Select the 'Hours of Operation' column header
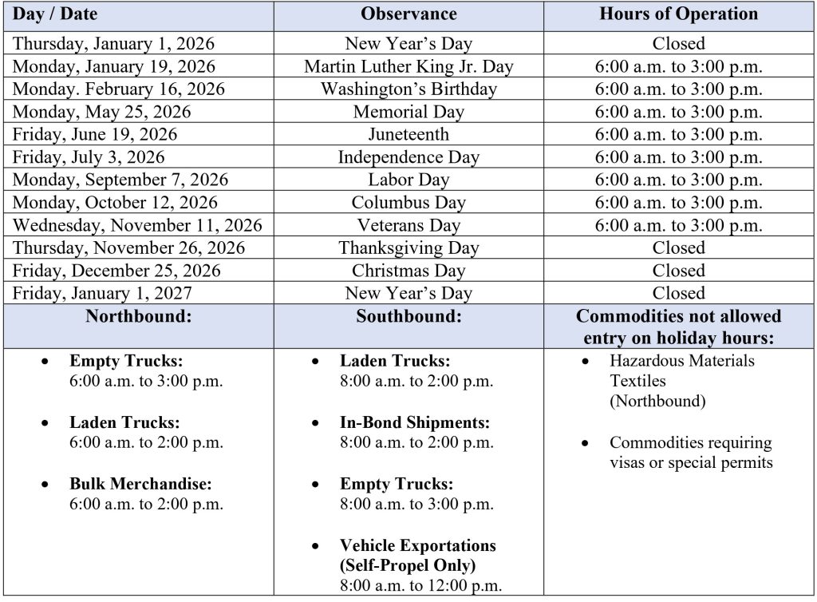(678, 14)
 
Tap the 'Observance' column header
(408, 14)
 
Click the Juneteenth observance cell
(408, 134)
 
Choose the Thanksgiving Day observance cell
(408, 248)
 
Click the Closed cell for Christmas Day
(678, 271)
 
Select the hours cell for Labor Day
(678, 180)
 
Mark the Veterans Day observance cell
(408, 225)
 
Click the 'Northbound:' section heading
(139, 315)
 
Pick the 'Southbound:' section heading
(408, 315)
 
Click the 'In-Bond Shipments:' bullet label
(415, 422)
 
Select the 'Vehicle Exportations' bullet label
(418, 545)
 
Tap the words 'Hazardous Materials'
(682, 361)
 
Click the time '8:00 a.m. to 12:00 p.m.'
(421, 586)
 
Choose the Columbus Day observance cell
(408, 203)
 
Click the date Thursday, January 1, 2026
(113, 43)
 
